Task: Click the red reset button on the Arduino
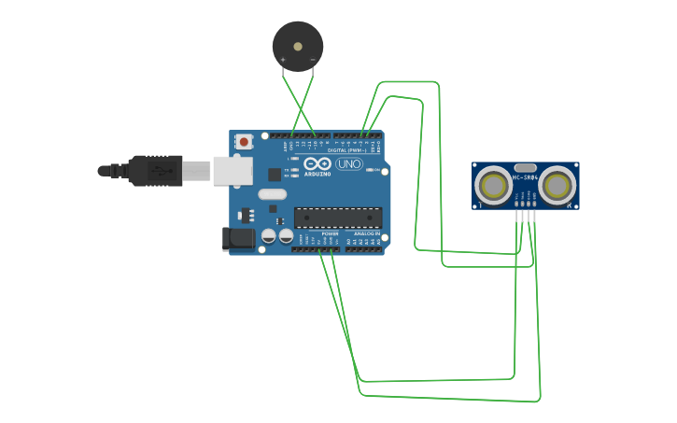[x=244, y=142]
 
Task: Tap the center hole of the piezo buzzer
[x=298, y=45]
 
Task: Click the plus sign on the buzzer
[x=283, y=60]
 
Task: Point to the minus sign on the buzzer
[x=312, y=60]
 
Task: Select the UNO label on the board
[x=348, y=164]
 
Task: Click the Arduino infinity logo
[x=317, y=164]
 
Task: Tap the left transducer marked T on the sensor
[x=493, y=185]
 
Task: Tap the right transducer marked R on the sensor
[x=557, y=185]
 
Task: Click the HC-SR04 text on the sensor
[x=526, y=176]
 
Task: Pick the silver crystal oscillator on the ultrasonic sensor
[x=526, y=167]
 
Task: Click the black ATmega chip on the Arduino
[x=337, y=218]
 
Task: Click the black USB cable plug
[x=155, y=171]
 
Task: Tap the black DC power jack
[x=239, y=239]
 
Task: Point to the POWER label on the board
[x=330, y=233]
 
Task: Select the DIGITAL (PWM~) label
[x=350, y=149]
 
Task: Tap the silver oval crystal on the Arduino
[x=272, y=194]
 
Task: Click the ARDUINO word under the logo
[x=317, y=174]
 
